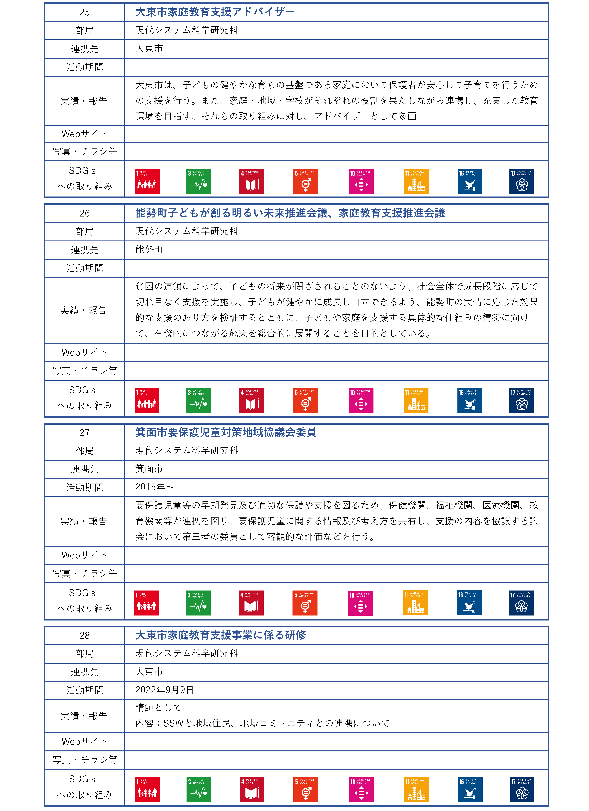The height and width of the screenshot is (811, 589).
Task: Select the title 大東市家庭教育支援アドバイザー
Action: [x=215, y=12]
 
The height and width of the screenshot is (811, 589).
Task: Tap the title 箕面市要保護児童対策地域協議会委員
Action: [x=226, y=432]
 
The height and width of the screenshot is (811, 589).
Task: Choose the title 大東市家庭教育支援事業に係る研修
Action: [x=221, y=635]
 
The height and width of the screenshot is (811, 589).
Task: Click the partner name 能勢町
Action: [x=149, y=250]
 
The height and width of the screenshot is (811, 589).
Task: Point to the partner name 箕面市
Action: [x=149, y=469]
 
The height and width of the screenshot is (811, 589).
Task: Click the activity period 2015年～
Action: [x=154, y=487]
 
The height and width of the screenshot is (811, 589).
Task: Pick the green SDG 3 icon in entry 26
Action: [x=198, y=400]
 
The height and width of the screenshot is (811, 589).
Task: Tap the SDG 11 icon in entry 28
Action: [x=416, y=790]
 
